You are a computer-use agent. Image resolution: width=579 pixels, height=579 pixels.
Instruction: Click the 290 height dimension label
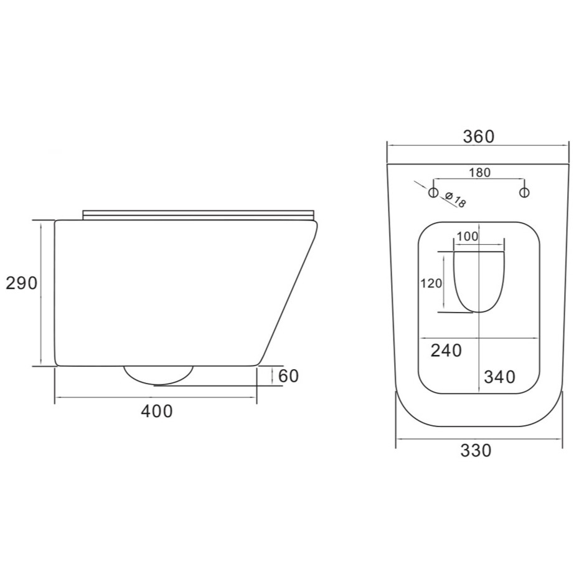coord(22,283)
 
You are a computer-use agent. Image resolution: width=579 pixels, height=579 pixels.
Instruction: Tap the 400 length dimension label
coord(156,411)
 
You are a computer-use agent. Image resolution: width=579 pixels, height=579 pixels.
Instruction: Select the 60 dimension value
coord(288,376)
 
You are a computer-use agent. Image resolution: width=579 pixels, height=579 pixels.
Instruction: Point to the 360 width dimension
coord(479,136)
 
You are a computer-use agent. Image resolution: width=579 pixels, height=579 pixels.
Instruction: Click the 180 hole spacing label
coord(479,172)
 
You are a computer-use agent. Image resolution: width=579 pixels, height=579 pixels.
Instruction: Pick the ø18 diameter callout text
coord(455,199)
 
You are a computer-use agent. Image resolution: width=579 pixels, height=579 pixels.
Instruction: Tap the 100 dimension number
coord(467,237)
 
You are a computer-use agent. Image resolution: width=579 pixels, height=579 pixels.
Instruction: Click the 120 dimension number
coord(431,283)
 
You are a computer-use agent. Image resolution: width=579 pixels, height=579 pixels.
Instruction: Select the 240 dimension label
coord(446,351)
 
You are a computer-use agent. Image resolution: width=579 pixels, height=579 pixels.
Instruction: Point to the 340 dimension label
coord(499,377)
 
